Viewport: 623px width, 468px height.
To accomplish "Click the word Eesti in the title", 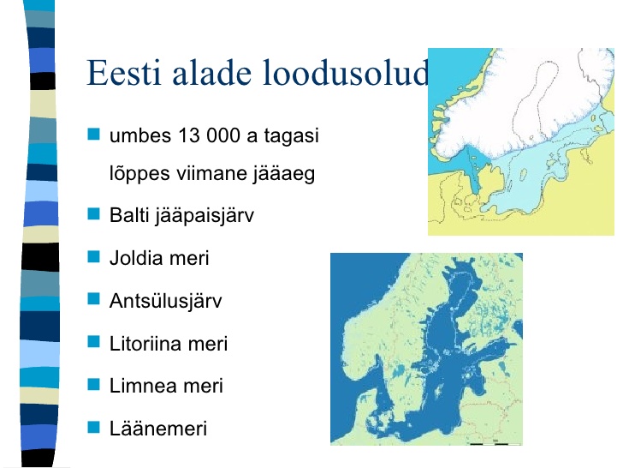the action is coord(124,72).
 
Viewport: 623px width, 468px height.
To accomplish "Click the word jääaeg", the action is coord(284,174).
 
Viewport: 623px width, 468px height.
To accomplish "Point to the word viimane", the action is coord(211,173).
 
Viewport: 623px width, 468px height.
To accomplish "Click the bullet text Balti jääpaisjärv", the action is coord(181,216).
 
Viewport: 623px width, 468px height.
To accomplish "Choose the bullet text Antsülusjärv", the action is coord(166,301).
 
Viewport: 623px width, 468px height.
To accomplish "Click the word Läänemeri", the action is coord(158,429).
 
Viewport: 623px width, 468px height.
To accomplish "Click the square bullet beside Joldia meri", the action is coord(94,256).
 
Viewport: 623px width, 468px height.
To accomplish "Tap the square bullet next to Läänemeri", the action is coord(94,427).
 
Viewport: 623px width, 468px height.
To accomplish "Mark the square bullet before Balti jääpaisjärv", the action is coord(94,213).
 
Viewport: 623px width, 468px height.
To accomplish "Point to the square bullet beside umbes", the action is coord(94,134).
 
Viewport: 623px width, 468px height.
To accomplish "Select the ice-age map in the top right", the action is coord(521,141).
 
